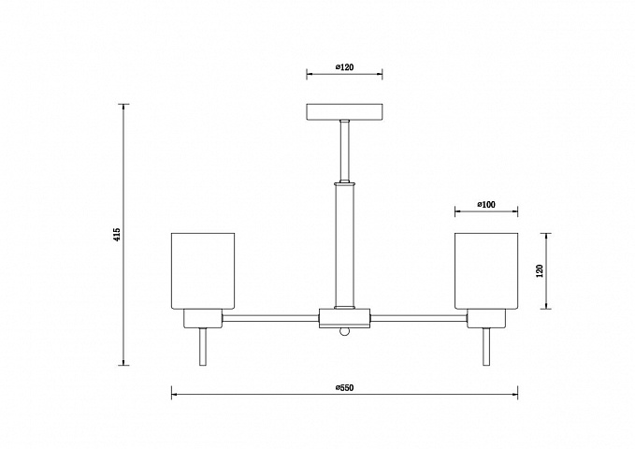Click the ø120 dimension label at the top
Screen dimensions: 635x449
click(345, 66)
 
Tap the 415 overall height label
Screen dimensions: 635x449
click(117, 235)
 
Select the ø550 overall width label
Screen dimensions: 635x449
click(345, 388)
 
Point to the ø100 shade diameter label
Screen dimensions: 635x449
click(486, 205)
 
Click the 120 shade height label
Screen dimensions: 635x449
click(539, 270)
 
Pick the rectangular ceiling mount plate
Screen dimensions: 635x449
click(345, 112)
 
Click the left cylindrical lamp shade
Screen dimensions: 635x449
click(203, 270)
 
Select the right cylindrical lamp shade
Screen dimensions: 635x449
click(486, 270)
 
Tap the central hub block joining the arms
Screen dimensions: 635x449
click(345, 318)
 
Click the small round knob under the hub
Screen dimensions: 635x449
click(345, 331)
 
